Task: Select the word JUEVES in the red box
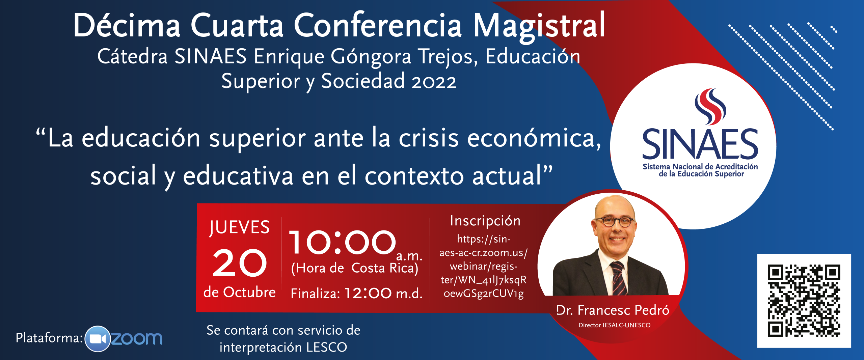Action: tap(239, 227)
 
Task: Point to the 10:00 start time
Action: tap(342, 242)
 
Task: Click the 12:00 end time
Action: tap(368, 293)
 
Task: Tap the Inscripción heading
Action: tap(485, 221)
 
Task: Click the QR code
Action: tap(804, 301)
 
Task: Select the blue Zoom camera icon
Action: tap(98, 339)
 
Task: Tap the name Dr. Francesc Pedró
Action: tap(613, 310)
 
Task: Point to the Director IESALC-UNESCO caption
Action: tap(614, 325)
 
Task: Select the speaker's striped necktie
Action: tap(618, 278)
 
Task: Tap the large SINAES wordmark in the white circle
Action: tap(700, 144)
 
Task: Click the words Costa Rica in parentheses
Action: tap(385, 268)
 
